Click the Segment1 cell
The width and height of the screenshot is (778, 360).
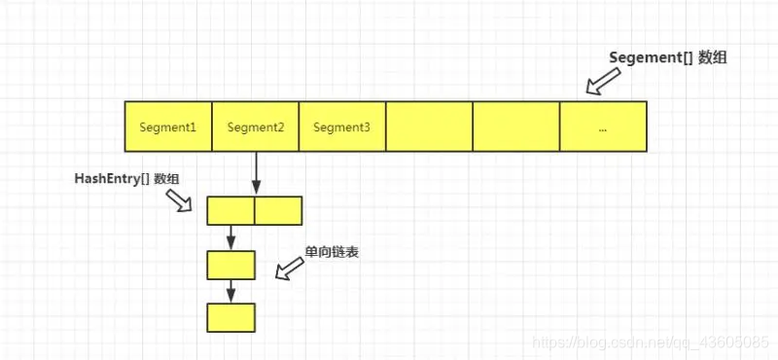[167, 126]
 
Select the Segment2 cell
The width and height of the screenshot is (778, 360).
[255, 126]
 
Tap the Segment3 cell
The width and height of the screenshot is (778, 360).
[341, 126]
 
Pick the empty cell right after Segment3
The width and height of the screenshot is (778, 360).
[429, 126]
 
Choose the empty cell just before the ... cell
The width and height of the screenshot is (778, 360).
[515, 126]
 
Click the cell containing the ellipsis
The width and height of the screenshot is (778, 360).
[603, 126]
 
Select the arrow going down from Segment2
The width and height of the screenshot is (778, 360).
[255, 173]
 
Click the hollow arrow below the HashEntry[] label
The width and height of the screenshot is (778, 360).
[181, 200]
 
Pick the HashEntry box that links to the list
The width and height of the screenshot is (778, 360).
[230, 211]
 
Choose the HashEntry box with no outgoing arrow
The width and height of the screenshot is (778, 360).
[278, 211]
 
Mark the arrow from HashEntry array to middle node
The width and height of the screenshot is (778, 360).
[230, 237]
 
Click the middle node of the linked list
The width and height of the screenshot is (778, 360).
[230, 265]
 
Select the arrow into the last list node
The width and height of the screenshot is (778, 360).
[230, 291]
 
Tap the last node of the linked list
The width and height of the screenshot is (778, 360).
[230, 317]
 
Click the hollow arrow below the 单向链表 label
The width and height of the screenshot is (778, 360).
[289, 269]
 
